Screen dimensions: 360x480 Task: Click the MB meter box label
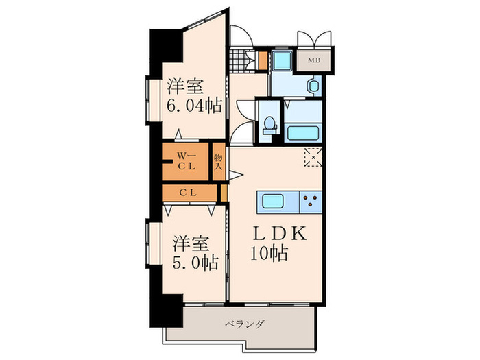[313, 60]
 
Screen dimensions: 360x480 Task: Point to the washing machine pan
[280, 61]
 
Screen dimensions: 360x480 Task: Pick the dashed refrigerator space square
[313, 157]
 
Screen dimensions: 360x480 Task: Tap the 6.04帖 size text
[194, 107]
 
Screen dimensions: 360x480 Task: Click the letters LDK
[280, 234]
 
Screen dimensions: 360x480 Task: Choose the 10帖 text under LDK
[269, 252]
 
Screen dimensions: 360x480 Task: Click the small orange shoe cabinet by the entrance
[263, 60]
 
